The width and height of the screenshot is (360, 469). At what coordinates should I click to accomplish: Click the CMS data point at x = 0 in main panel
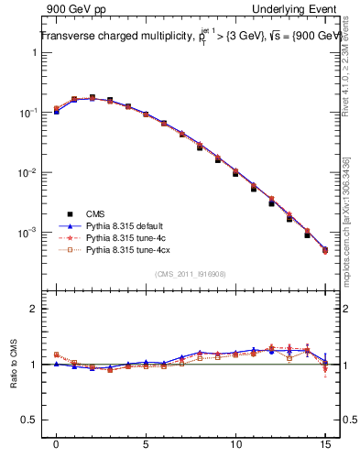[x=56, y=111]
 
